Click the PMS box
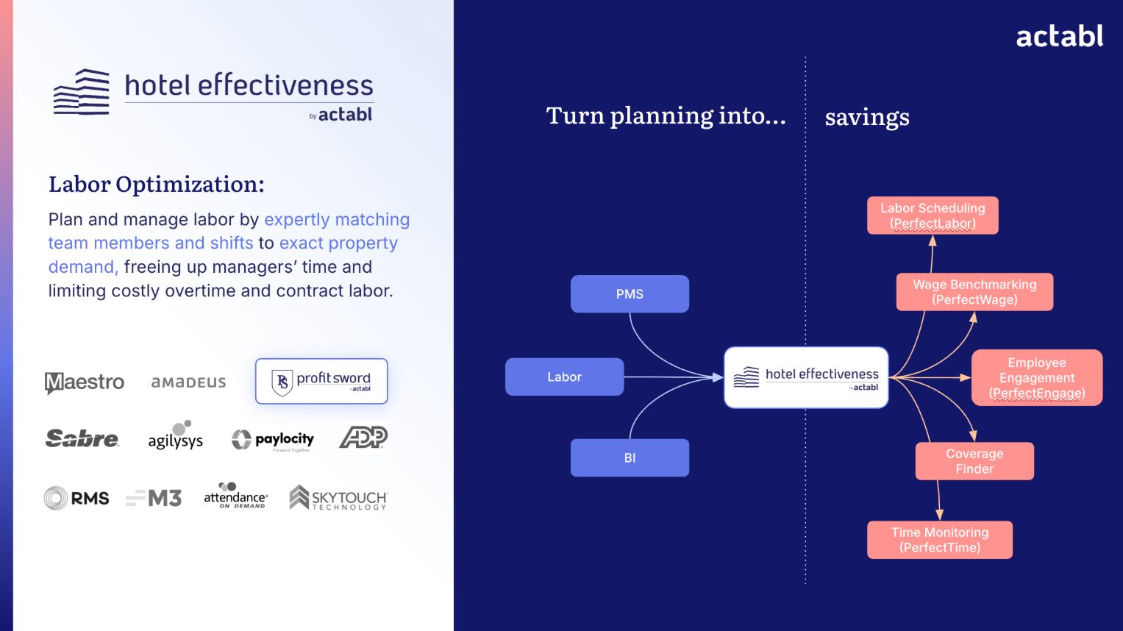(630, 294)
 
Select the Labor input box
(564, 377)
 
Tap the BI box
(630, 457)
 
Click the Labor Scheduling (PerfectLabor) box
(933, 215)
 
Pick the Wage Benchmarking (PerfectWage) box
(974, 292)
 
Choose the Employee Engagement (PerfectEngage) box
(1037, 377)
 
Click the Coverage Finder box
(974, 461)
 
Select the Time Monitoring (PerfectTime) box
(940, 540)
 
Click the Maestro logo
(85, 382)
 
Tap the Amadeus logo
(188, 382)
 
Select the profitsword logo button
(321, 381)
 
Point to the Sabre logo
(82, 439)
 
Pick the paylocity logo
(273, 440)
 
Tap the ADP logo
(363, 438)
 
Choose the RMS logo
(76, 499)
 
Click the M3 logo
(154, 499)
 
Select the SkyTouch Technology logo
(338, 498)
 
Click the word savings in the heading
(867, 117)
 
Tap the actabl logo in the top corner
(1059, 36)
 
